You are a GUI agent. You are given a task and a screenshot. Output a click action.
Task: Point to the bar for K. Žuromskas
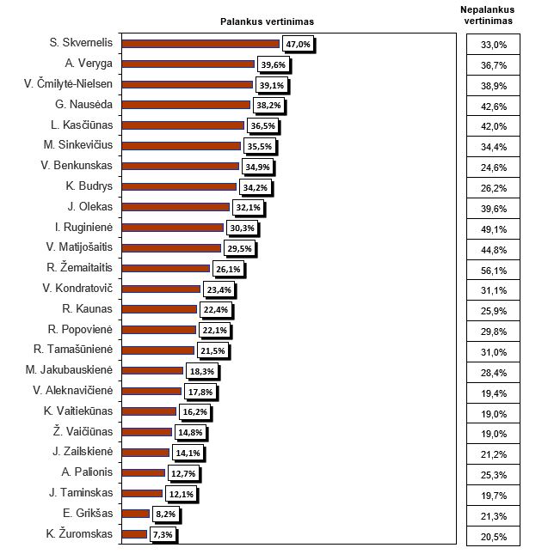tap(135, 533)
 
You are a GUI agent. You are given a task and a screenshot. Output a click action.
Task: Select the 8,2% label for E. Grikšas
tap(163, 514)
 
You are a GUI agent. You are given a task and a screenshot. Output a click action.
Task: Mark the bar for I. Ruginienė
tap(173, 228)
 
